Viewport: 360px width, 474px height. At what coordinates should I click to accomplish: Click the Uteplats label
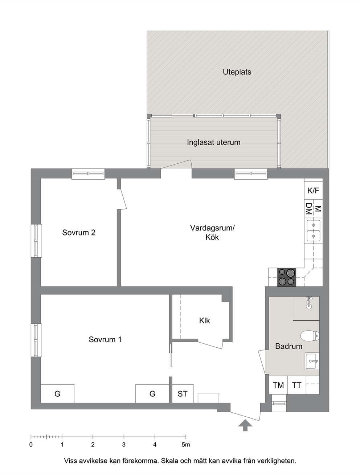[x=237, y=72]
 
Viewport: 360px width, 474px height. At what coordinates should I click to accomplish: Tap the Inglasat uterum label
[x=213, y=142]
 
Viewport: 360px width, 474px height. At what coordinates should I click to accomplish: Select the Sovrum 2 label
[x=79, y=232]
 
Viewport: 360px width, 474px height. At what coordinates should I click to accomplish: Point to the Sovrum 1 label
[x=105, y=339]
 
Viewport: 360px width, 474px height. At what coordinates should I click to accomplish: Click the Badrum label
[x=289, y=346]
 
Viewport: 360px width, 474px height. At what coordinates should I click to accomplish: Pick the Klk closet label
[x=204, y=321]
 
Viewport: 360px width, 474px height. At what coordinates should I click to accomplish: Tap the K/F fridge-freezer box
[x=314, y=191]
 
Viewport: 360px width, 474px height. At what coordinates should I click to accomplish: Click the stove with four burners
[x=287, y=277]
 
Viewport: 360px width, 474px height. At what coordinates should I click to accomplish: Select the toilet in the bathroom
[x=310, y=336]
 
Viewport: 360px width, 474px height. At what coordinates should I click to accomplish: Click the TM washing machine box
[x=278, y=385]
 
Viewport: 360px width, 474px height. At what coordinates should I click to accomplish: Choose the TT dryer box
[x=296, y=385]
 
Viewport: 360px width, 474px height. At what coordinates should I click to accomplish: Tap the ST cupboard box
[x=183, y=394]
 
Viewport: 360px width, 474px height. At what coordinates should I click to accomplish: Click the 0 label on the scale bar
[x=31, y=445]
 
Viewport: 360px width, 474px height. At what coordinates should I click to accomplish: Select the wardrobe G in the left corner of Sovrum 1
[x=57, y=394]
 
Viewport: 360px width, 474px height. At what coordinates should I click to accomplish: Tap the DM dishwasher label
[x=308, y=209]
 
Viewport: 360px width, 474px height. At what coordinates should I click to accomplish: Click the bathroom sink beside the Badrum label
[x=312, y=361]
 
